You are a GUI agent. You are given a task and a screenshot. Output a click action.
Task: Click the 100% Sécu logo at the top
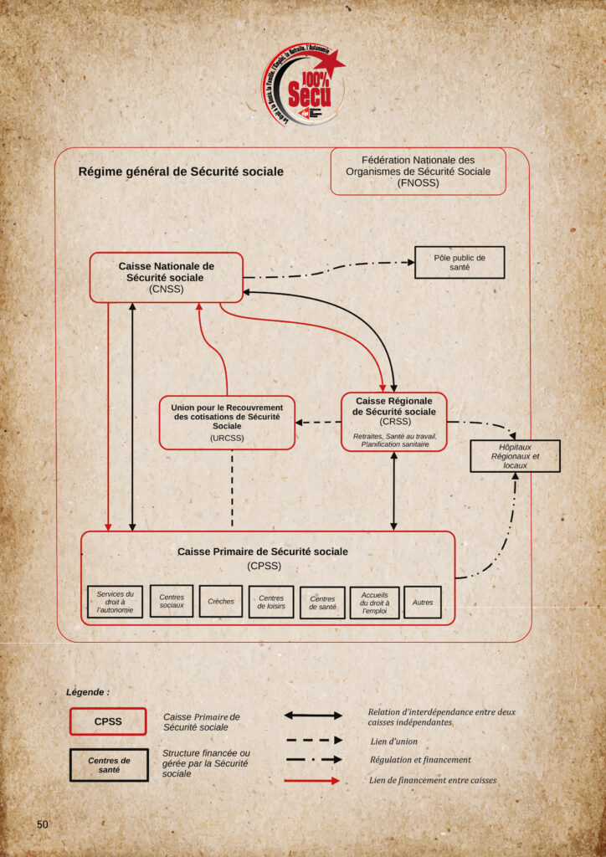[x=302, y=84]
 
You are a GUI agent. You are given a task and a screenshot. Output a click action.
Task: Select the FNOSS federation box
[x=419, y=172]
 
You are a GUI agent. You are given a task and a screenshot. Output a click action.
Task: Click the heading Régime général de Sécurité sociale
[x=181, y=172]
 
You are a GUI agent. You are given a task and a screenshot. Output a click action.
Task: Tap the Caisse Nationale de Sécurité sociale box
[x=166, y=277]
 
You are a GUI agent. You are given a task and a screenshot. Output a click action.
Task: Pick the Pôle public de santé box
[x=460, y=262]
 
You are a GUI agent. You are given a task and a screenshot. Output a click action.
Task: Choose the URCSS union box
[x=227, y=422]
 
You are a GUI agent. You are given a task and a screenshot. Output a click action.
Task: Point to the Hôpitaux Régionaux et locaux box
[x=515, y=456]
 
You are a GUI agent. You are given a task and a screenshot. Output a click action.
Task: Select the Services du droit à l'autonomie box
[x=116, y=602]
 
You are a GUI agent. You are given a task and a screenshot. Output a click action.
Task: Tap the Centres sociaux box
[x=172, y=601]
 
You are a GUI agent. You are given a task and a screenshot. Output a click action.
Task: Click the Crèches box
[x=221, y=601]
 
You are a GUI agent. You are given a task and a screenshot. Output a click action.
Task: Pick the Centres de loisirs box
[x=271, y=602]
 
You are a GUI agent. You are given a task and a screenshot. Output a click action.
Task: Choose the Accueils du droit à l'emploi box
[x=374, y=602]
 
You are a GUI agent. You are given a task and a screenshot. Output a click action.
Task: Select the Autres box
[x=423, y=602]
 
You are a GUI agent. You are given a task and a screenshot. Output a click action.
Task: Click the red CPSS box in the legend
[x=108, y=721]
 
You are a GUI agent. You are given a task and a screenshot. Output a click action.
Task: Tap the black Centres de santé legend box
[x=109, y=764]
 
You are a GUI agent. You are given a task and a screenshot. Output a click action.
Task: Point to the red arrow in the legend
[x=311, y=781]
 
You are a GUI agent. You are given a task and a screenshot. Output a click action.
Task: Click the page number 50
[x=43, y=824]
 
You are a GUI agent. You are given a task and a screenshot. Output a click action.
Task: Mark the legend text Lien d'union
[x=393, y=742]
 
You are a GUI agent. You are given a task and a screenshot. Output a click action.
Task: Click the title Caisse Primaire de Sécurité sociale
[x=263, y=552]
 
